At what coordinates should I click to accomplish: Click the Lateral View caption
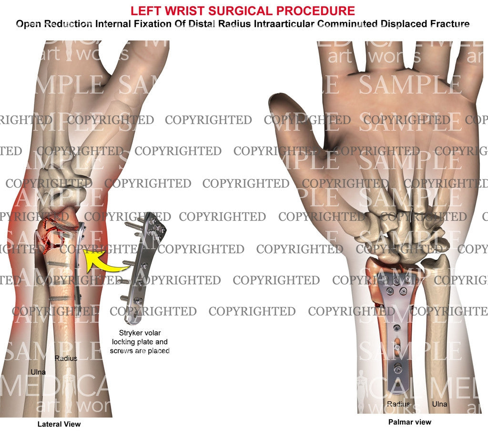point(59,424)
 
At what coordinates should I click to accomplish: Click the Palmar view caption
point(409,422)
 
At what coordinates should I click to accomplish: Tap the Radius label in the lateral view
point(66,358)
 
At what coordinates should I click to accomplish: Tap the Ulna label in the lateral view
point(38,372)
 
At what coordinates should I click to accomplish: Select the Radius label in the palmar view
point(398,404)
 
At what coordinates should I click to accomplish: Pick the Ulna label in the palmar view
point(439,404)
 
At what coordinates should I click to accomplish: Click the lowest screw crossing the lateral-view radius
point(60,298)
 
